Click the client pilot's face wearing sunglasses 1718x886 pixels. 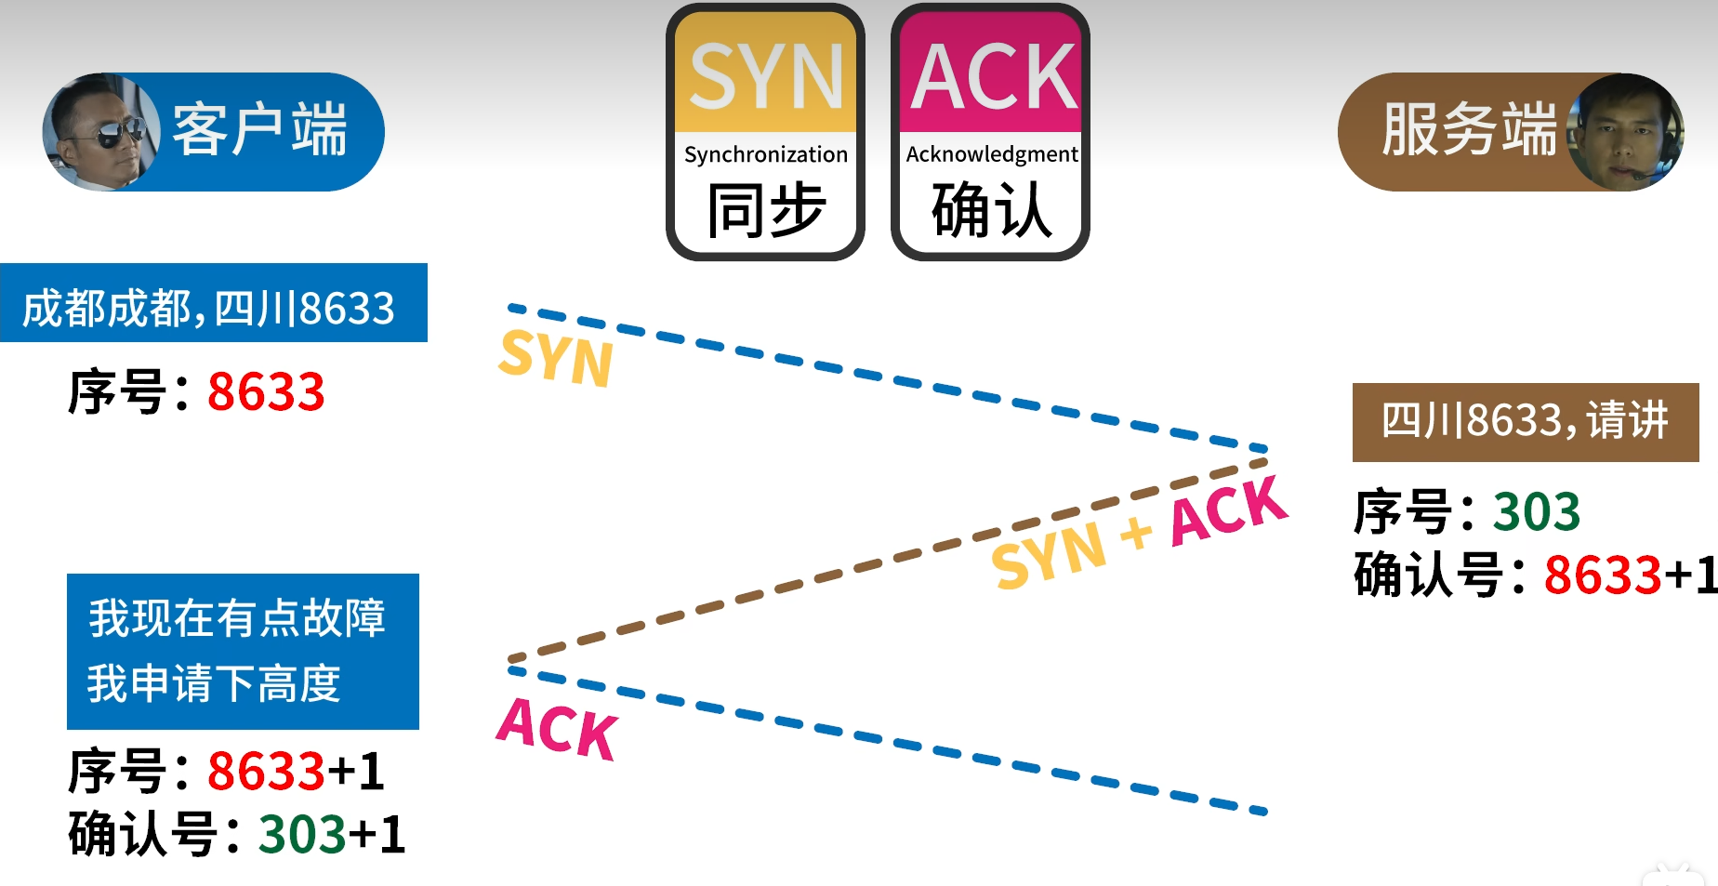100,133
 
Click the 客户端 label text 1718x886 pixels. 259,130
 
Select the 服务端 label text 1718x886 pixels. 1469,130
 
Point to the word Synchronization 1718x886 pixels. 766,154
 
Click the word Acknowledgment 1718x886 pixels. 992,154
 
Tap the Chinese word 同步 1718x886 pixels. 766,210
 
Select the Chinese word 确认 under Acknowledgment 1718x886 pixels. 992,210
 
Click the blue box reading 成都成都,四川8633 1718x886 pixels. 212,305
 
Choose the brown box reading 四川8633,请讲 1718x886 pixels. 1525,421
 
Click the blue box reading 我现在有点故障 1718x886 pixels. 242,651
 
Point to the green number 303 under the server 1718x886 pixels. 1536,511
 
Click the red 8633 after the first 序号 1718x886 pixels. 266,391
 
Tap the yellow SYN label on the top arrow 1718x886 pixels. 556,357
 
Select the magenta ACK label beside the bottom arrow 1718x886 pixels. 556,727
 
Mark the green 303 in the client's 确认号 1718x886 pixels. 302,834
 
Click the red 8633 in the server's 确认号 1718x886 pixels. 1602,575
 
